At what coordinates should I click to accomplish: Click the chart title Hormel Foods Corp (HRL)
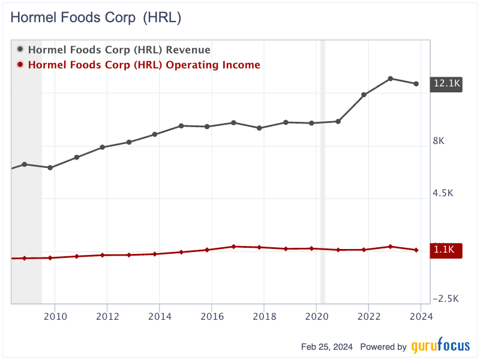96,18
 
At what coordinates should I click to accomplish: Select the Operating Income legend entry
143,65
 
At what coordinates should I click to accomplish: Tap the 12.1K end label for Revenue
446,84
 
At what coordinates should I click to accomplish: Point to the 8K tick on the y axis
438,141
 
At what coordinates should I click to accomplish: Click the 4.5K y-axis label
443,193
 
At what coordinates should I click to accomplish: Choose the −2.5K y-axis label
445,298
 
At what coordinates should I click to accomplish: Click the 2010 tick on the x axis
55,316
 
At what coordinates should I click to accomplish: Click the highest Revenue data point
390,79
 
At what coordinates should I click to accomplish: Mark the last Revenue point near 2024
416,83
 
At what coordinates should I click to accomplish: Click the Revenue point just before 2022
364,95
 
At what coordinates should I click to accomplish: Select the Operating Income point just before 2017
233,247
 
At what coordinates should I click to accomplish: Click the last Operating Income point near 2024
416,250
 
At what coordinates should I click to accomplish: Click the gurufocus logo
440,347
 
